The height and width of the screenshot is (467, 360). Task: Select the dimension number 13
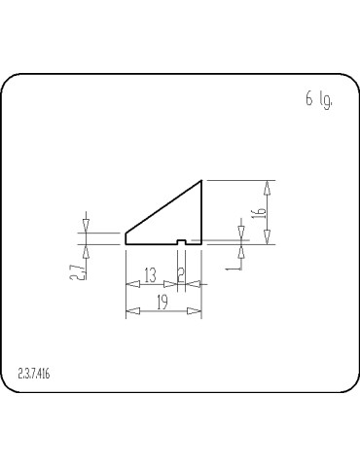pyautogui.click(x=151, y=275)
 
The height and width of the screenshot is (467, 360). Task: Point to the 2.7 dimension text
pyautogui.click(x=77, y=269)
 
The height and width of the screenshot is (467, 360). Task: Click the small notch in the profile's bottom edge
pyautogui.click(x=182, y=240)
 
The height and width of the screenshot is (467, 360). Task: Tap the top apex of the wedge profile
pyautogui.click(x=201, y=180)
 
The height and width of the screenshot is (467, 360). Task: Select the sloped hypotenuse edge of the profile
pyautogui.click(x=163, y=206)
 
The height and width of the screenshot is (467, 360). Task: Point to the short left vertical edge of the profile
pyautogui.click(x=126, y=237)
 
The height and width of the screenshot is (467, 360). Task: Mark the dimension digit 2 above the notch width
pyautogui.click(x=181, y=275)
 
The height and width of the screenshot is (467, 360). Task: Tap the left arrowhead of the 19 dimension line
pyautogui.click(x=130, y=311)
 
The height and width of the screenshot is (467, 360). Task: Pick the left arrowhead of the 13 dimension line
pyautogui.click(x=130, y=284)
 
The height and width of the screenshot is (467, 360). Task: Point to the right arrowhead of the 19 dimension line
pyautogui.click(x=198, y=311)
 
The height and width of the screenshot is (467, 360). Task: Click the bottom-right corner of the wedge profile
pyautogui.click(x=201, y=242)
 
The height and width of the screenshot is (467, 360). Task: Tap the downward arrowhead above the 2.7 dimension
pyautogui.click(x=86, y=227)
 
